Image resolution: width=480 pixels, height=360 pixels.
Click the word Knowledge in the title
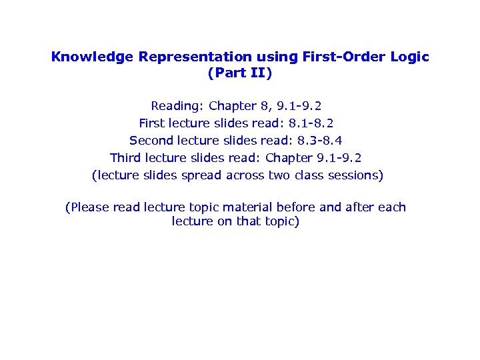92,57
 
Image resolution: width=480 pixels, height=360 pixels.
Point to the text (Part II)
240,73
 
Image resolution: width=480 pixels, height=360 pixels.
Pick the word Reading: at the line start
177,106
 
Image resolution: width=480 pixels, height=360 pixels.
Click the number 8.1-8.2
311,123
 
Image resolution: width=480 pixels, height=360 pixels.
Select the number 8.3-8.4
320,141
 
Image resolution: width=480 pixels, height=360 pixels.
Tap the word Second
151,141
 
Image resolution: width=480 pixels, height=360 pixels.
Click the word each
392,207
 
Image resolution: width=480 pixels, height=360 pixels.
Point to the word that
248,221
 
